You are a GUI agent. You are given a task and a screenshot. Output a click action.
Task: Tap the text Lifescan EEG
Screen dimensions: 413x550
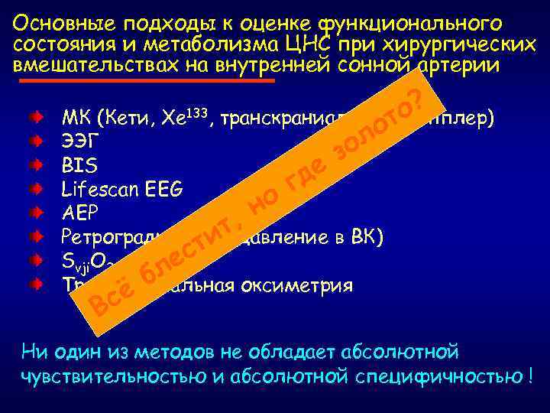pos(121,187)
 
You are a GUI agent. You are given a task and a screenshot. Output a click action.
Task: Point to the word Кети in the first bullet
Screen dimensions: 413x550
pos(123,119)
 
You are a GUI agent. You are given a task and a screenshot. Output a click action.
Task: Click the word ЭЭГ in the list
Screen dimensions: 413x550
pos(77,142)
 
